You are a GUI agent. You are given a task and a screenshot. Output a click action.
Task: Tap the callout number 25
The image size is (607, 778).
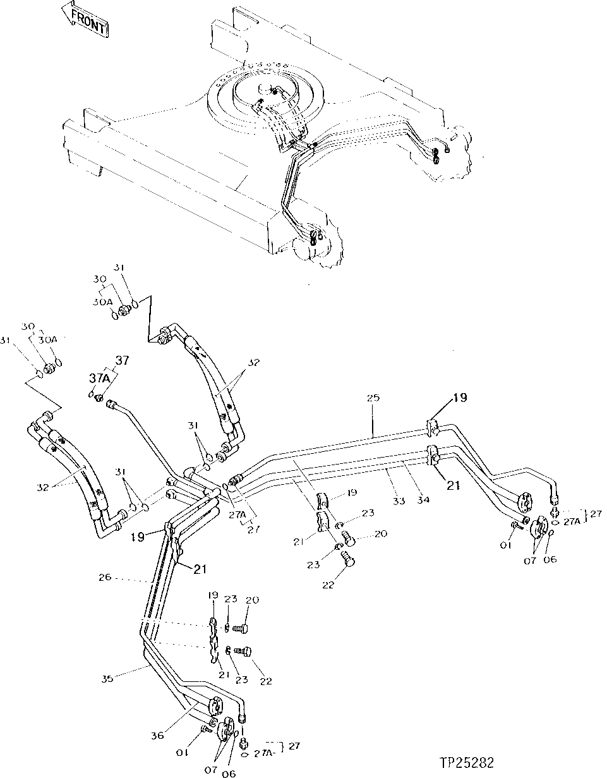click(373, 398)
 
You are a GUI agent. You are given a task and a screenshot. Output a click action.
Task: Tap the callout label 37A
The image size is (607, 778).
click(97, 377)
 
